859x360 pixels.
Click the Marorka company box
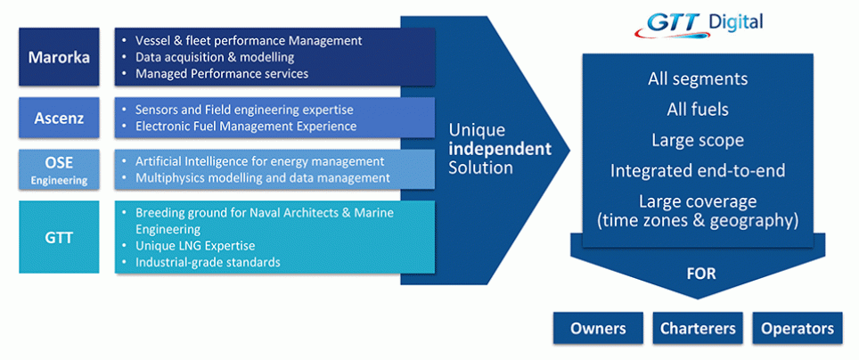(x=59, y=57)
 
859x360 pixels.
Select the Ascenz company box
(x=59, y=118)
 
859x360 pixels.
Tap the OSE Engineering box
(x=59, y=169)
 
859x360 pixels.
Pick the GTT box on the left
(x=59, y=237)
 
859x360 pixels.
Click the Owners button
(x=598, y=328)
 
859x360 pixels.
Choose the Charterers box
(x=698, y=328)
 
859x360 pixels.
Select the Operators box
(x=798, y=328)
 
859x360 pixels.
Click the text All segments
(x=698, y=79)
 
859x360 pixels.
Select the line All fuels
(x=698, y=110)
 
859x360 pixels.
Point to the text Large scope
(x=698, y=140)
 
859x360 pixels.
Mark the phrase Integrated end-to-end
(x=698, y=170)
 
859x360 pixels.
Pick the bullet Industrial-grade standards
(x=208, y=262)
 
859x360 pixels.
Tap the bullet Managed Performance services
(x=222, y=73)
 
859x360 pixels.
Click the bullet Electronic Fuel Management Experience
(x=246, y=126)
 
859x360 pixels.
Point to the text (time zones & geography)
(x=698, y=219)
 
